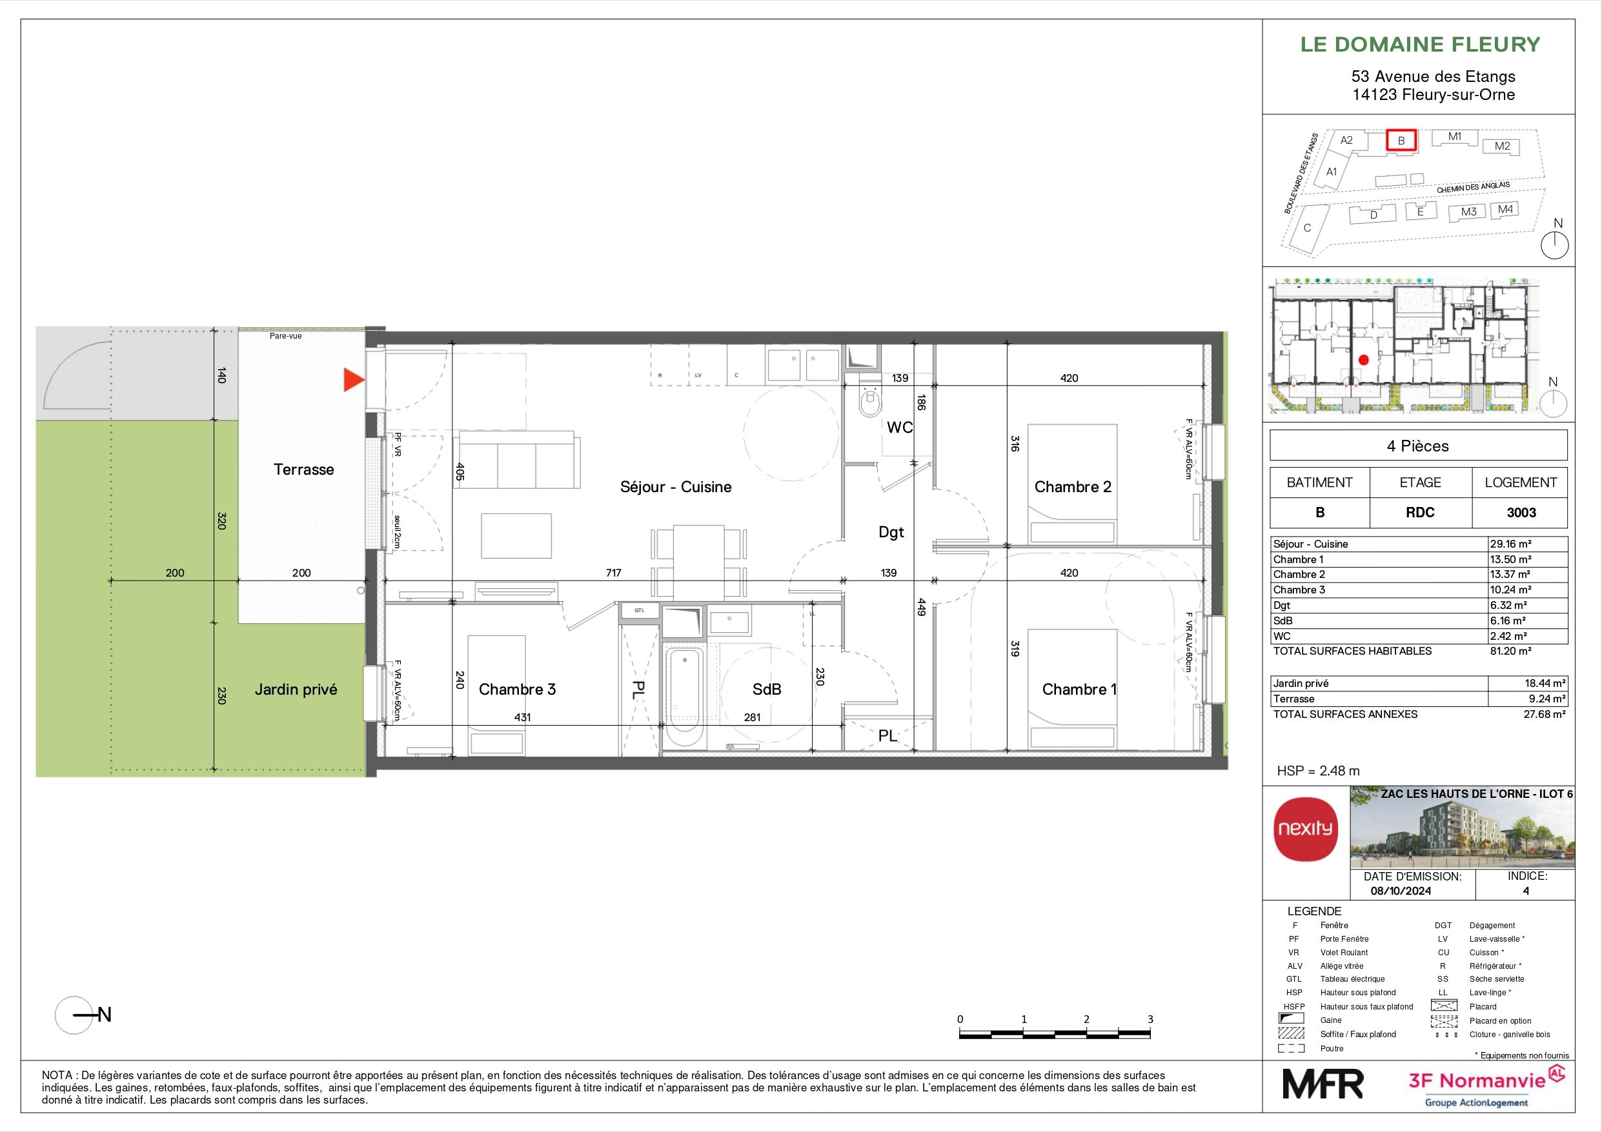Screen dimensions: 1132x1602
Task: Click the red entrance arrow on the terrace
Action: click(353, 380)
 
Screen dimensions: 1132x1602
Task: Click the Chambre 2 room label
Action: click(1073, 487)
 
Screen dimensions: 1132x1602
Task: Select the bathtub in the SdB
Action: click(684, 697)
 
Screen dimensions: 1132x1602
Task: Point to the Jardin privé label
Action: click(295, 689)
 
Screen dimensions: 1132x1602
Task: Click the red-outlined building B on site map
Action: click(1401, 140)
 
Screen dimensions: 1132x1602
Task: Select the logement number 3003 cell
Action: click(1521, 513)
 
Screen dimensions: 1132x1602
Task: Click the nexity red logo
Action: click(1306, 829)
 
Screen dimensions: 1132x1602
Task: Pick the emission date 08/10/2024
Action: click(1401, 891)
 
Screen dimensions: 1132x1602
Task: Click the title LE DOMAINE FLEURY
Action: click(1420, 45)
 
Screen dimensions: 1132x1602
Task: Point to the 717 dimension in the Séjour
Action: click(613, 573)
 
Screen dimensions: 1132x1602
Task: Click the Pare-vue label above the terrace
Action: click(286, 335)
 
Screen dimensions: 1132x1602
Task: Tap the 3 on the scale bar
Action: click(1150, 1019)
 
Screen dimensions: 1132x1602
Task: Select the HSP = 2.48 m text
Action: click(1318, 771)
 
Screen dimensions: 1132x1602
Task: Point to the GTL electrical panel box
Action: click(639, 611)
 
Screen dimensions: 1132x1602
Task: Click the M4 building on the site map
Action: click(1505, 209)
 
